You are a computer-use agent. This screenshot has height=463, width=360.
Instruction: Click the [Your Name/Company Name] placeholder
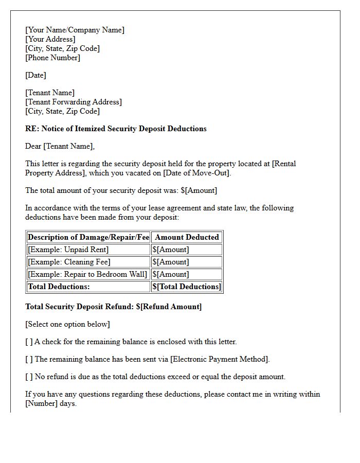pyautogui.click(x=75, y=30)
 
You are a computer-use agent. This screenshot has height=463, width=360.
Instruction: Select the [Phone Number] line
pyautogui.click(x=52, y=58)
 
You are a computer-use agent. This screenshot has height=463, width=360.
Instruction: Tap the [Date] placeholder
pyautogui.click(x=35, y=75)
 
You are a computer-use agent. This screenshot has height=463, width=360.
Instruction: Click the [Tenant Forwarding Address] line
pyautogui.click(x=74, y=102)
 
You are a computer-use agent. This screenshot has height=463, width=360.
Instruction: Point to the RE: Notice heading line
pyautogui.click(x=116, y=129)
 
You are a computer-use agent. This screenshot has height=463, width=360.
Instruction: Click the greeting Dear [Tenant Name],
pyautogui.click(x=60, y=146)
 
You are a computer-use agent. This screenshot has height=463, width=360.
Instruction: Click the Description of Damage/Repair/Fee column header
pyautogui.click(x=88, y=237)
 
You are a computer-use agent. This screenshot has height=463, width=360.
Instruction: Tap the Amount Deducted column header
pyautogui.click(x=187, y=237)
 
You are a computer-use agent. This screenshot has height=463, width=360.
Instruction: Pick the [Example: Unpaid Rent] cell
pyautogui.click(x=68, y=250)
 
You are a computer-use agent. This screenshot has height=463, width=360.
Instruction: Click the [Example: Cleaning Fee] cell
pyautogui.click(x=69, y=262)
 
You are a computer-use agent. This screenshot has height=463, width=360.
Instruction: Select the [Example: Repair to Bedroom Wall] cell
pyautogui.click(x=87, y=274)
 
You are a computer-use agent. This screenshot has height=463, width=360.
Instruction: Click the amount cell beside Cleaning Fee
pyautogui.click(x=171, y=262)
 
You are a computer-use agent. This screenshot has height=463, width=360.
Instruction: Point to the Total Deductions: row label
pyautogui.click(x=59, y=287)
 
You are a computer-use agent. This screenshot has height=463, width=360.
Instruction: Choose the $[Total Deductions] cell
pyautogui.click(x=187, y=287)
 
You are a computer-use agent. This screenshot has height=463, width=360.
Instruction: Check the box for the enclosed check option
pyautogui.click(x=29, y=342)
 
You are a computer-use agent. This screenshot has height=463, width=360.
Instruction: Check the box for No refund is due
pyautogui.click(x=29, y=377)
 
